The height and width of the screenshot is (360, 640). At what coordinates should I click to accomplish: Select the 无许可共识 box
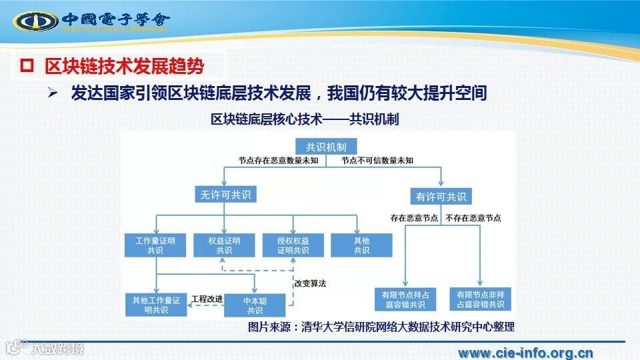[224, 195]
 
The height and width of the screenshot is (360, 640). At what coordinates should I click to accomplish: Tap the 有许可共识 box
[442, 197]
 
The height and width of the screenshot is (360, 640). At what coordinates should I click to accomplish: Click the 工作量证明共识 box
[155, 245]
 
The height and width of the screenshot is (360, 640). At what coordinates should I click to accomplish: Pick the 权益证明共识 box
[224, 245]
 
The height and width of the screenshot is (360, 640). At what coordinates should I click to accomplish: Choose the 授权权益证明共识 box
[293, 245]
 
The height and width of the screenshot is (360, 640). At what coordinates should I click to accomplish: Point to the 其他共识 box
[361, 245]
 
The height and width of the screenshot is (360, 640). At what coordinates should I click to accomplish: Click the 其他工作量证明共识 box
[156, 305]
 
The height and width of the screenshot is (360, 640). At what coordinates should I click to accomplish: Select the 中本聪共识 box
[255, 305]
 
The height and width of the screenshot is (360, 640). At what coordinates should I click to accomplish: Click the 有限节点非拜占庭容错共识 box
[481, 299]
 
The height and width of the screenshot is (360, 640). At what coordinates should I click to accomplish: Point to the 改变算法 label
[310, 283]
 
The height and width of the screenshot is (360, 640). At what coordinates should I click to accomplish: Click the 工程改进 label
[207, 299]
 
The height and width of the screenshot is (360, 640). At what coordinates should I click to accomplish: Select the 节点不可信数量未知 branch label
[377, 161]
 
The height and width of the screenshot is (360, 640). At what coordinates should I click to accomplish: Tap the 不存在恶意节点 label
[473, 218]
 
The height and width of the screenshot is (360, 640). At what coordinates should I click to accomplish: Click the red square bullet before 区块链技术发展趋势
[27, 65]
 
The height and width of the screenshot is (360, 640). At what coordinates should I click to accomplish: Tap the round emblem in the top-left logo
[37, 21]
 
